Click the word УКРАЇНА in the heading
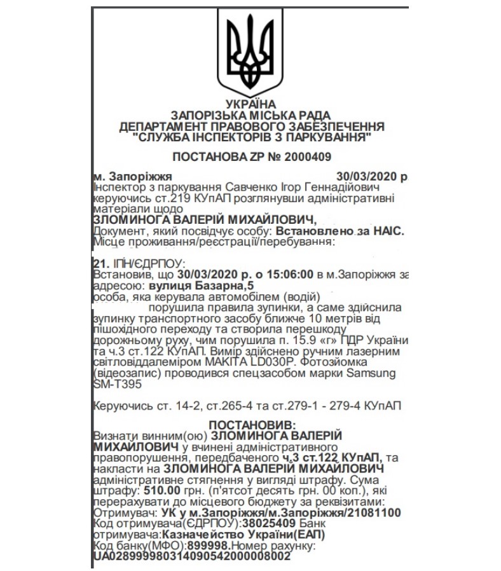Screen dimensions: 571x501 [251, 104]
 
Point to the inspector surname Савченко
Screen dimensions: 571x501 [250, 188]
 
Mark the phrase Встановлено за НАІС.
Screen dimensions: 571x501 [343, 231]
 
